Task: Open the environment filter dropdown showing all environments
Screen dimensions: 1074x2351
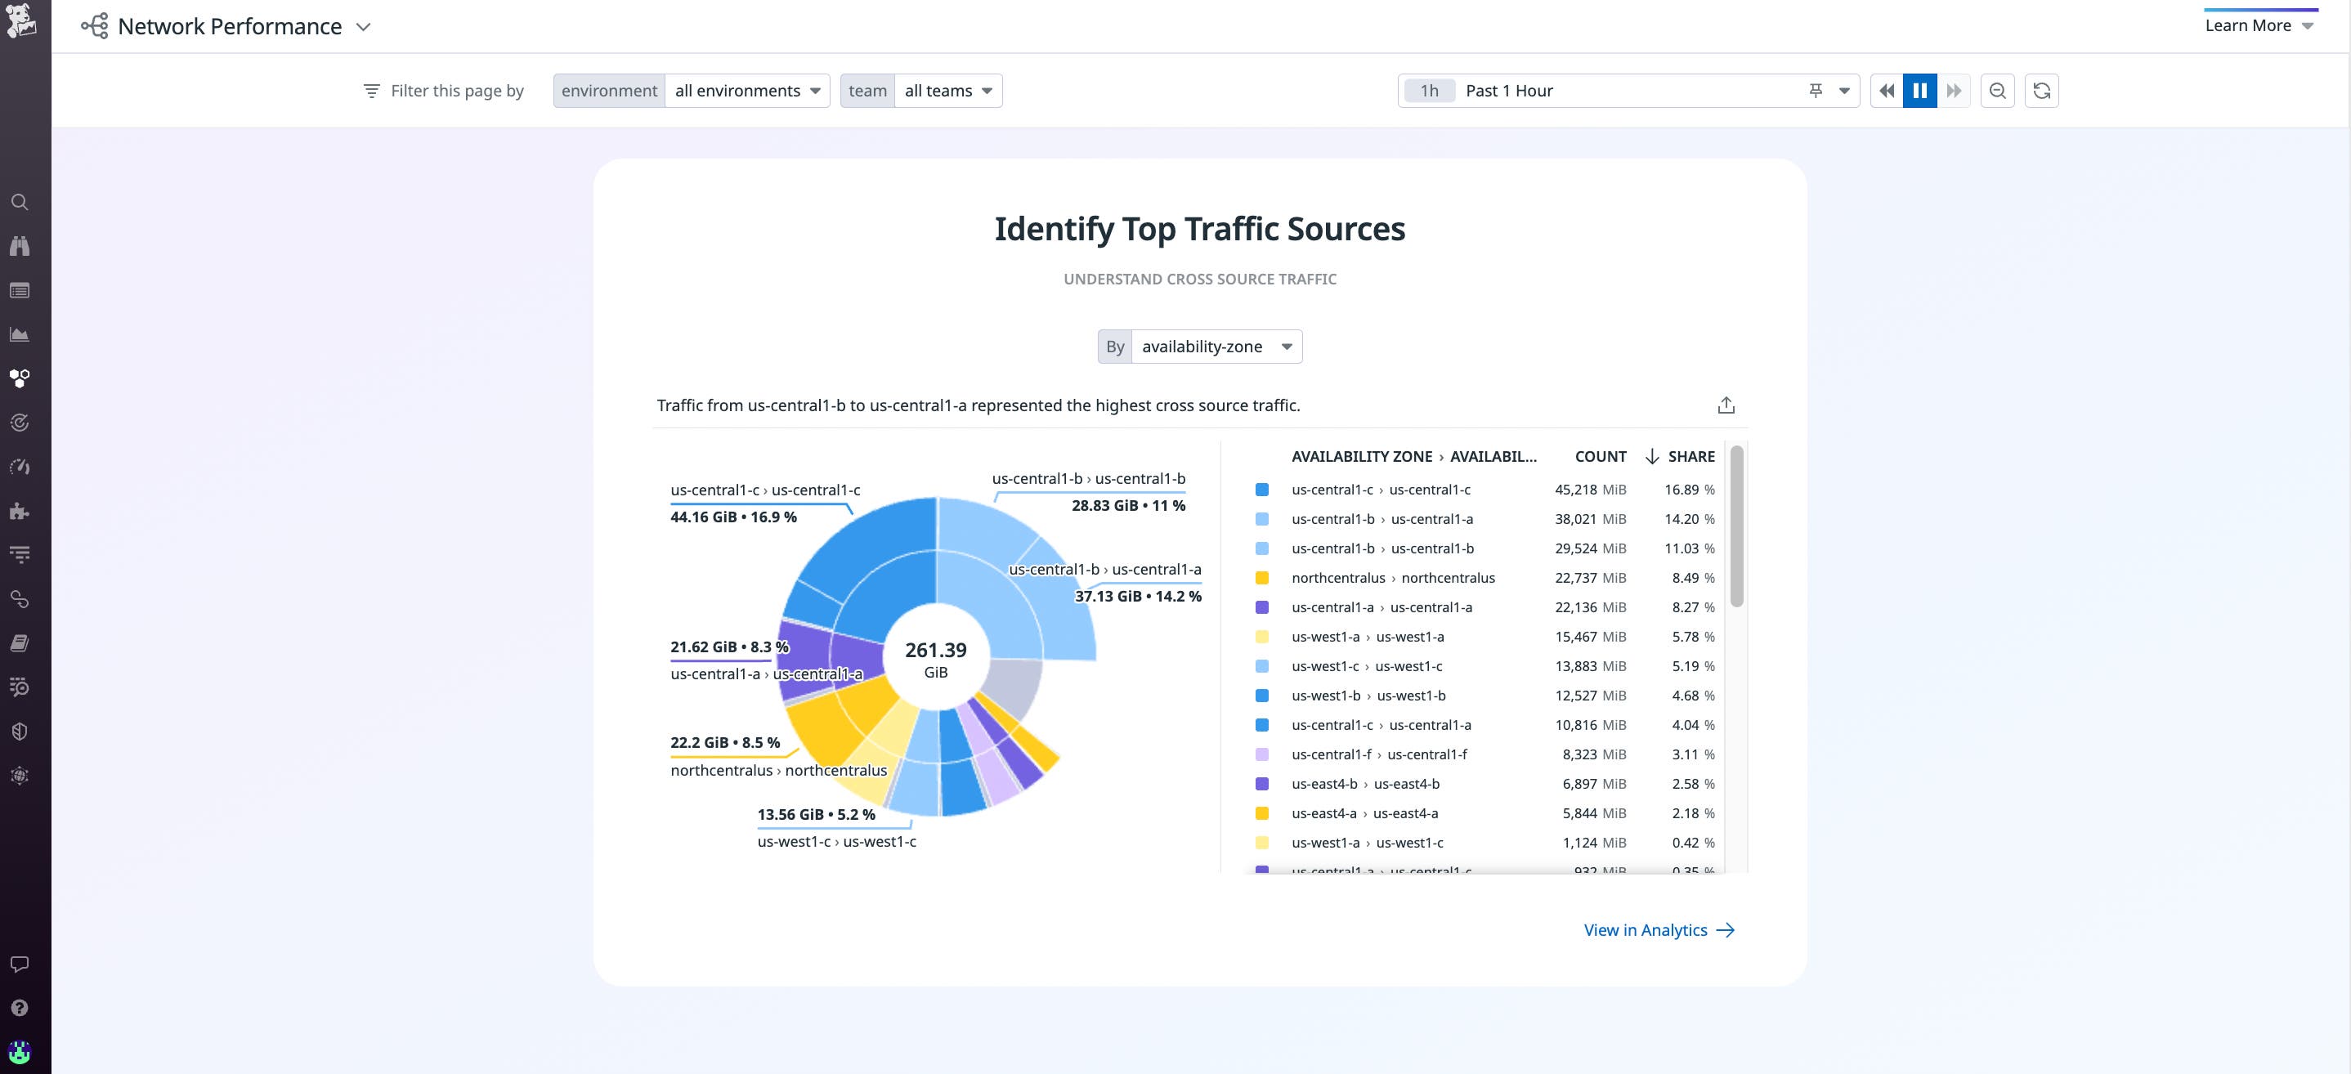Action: [x=746, y=91]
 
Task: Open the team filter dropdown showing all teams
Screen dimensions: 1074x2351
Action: [x=947, y=91]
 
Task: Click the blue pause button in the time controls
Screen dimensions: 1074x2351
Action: [x=1919, y=91]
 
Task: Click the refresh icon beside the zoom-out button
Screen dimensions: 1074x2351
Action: [x=2042, y=91]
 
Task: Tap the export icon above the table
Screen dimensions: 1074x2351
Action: [x=1725, y=405]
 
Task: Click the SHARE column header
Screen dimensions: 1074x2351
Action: [x=1690, y=456]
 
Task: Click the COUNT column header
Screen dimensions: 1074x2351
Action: [x=1600, y=456]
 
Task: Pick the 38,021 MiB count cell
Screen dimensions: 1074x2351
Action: [x=1590, y=519]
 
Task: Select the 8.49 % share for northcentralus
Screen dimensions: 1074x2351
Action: [x=1692, y=578]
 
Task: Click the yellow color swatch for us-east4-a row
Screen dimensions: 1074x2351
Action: [x=1261, y=813]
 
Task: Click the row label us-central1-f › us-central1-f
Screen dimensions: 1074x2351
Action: [x=1379, y=754]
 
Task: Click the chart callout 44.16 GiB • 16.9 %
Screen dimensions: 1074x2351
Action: [x=733, y=517]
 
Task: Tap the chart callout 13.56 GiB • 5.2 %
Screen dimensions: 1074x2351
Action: [x=815, y=814]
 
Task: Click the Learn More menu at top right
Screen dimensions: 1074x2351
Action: [x=2258, y=25]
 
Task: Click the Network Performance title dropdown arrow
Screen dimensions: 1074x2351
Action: [x=363, y=26]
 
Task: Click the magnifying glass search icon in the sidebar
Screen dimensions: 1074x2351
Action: [x=19, y=203]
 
